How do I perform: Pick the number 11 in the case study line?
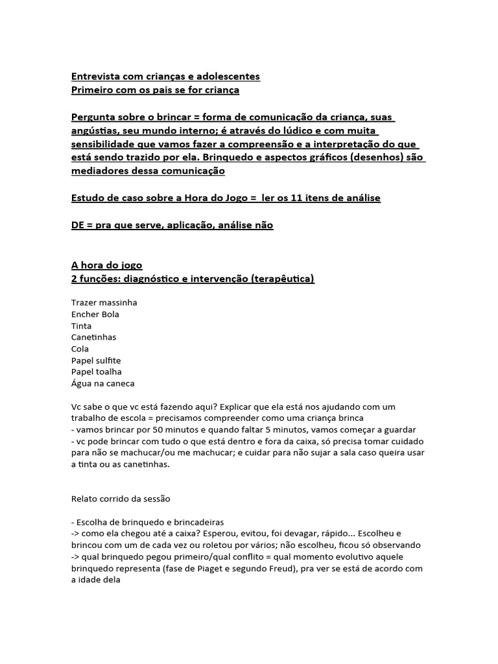(286, 198)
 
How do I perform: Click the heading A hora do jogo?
(106, 265)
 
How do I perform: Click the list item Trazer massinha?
(104, 303)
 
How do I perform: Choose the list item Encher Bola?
(95, 314)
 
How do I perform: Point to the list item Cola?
(80, 349)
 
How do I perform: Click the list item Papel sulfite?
(96, 361)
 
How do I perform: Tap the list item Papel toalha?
(96, 372)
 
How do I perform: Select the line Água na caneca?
(103, 384)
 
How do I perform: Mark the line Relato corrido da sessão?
(121, 499)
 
